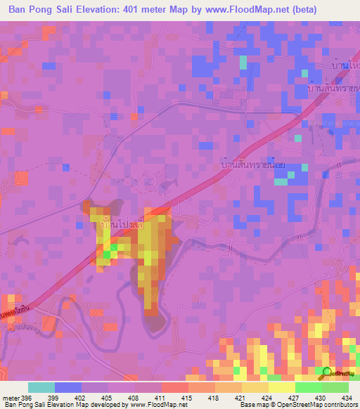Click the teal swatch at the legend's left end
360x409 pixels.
41,387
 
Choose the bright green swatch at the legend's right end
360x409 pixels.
335,387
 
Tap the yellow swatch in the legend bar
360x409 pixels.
281,387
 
